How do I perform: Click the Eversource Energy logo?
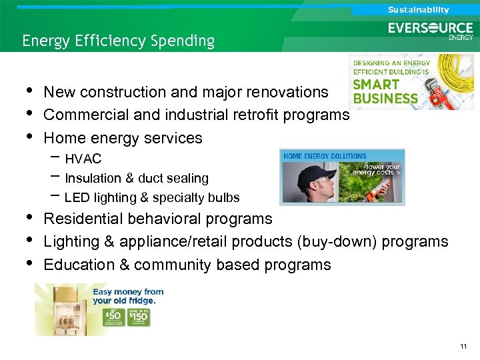(431, 31)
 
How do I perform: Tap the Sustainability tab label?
(418, 10)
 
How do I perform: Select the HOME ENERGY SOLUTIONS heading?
(325, 156)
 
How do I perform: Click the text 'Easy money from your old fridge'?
(128, 295)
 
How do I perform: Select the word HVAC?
(83, 159)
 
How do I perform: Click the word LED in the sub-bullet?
(76, 198)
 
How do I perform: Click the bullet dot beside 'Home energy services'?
(28, 137)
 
